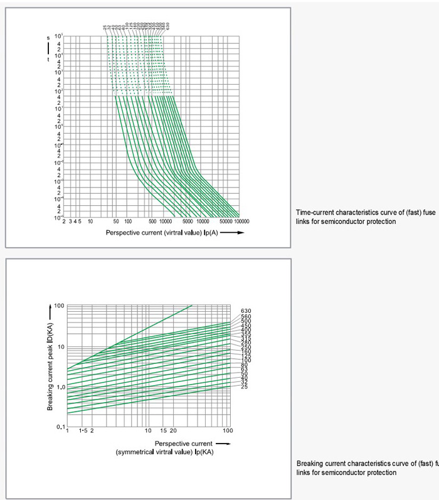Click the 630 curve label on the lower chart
pyautogui.click(x=246, y=311)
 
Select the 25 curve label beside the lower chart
pyautogui.click(x=244, y=386)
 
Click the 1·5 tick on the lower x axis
pyautogui.click(x=82, y=431)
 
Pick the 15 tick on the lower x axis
pyautogui.click(x=163, y=431)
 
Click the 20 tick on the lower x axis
pyautogui.click(x=173, y=431)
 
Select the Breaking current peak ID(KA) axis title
pyautogui.click(x=50, y=358)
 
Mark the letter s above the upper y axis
pyautogui.click(x=48, y=38)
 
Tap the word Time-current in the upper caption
pyautogui.click(x=315, y=213)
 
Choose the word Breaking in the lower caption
pyautogui.click(x=309, y=464)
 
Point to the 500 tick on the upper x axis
pyautogui.click(x=152, y=221)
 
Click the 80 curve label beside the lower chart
pyautogui.click(x=244, y=364)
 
